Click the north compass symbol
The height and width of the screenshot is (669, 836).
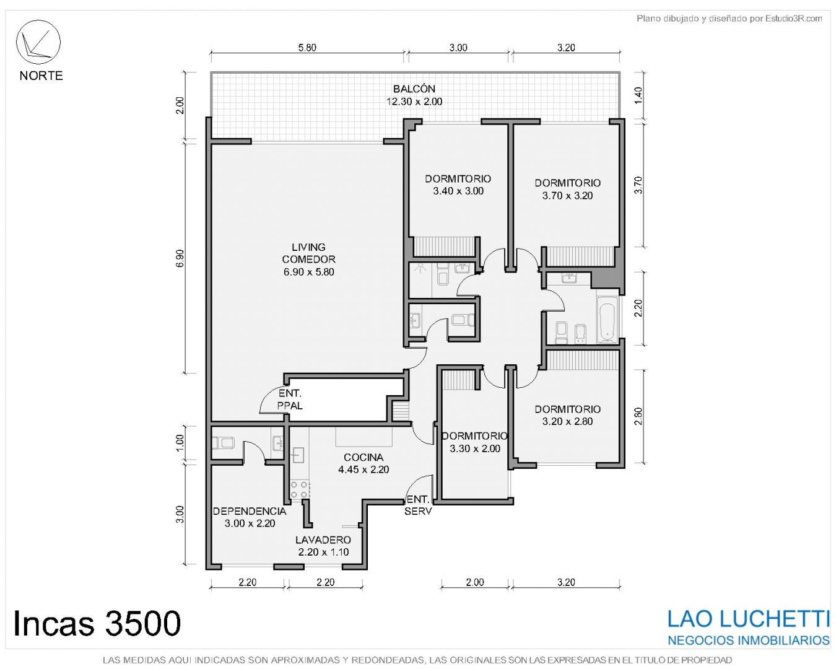(38, 42)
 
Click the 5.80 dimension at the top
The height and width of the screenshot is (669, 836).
(307, 48)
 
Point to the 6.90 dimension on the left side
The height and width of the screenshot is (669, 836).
(180, 258)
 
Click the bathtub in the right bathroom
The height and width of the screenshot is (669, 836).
(607, 320)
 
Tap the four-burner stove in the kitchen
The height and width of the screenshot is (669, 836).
(300, 489)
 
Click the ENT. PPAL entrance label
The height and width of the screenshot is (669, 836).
(290, 400)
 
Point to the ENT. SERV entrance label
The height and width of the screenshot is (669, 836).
(418, 505)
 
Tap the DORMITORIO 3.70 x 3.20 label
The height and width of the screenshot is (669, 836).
(568, 189)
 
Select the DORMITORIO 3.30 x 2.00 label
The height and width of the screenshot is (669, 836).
(474, 442)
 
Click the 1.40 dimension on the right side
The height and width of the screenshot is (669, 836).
(638, 95)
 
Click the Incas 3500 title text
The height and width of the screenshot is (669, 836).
(97, 623)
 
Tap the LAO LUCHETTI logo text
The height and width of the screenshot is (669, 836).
(748, 618)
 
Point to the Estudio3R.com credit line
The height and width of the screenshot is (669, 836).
(729, 18)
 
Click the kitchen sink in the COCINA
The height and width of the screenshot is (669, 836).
(298, 455)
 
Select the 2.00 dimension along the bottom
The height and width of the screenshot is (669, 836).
(475, 582)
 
